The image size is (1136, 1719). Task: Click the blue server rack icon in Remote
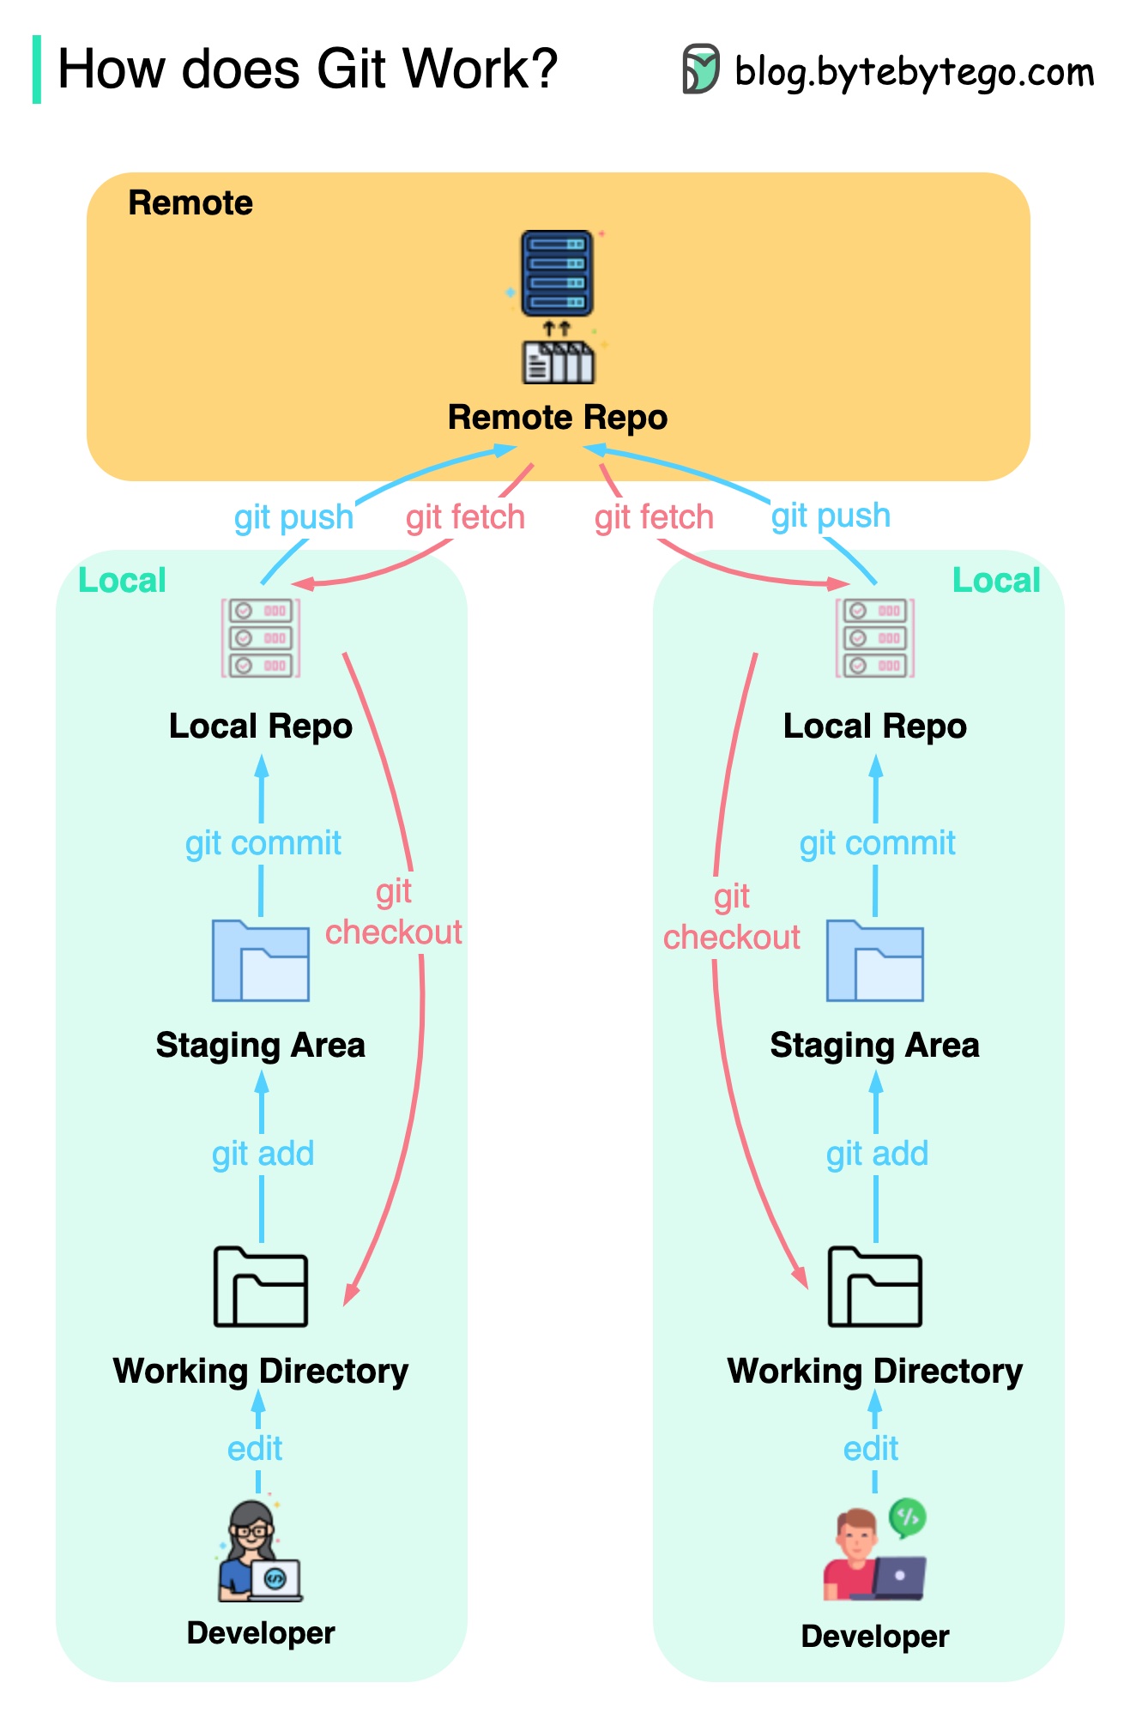click(557, 274)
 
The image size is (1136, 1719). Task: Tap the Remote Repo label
click(557, 418)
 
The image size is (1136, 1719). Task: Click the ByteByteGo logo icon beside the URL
click(700, 69)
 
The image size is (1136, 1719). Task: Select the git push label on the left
click(293, 517)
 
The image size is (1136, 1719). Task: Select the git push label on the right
click(831, 516)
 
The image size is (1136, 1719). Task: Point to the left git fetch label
click(465, 517)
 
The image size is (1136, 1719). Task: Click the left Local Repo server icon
click(261, 638)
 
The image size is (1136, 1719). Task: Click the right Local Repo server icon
click(875, 638)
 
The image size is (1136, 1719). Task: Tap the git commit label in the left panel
click(263, 843)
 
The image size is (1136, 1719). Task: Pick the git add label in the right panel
click(877, 1154)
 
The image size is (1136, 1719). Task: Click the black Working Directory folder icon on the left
click(261, 1287)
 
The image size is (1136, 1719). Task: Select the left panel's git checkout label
click(394, 913)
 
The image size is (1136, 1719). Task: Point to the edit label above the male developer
click(871, 1449)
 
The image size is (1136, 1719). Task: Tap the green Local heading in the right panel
click(995, 581)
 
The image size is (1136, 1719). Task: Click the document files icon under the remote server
click(558, 363)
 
